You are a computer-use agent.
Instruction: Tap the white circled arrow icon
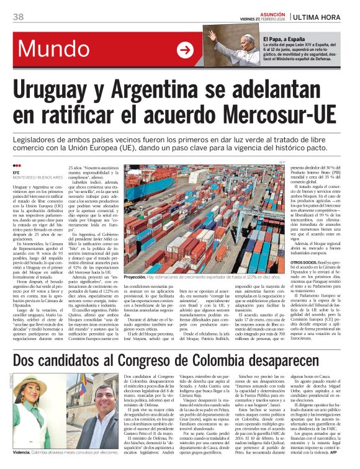click(185, 50)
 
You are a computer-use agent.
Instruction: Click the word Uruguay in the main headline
click(65, 92)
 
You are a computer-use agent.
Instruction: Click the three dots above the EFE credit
click(16, 166)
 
